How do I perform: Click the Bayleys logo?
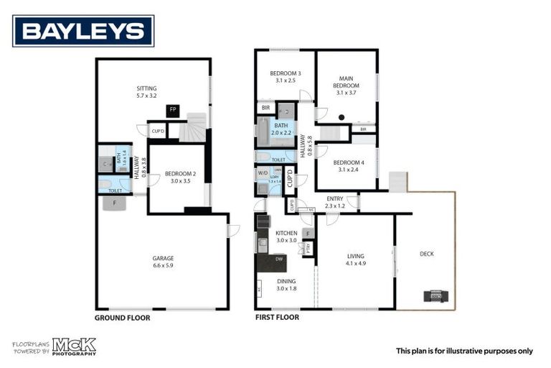pos(83,30)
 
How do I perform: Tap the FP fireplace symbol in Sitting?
pos(172,110)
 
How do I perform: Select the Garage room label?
pos(163,262)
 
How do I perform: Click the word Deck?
pos(426,254)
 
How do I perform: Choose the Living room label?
pos(355,258)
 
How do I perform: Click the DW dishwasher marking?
pos(278,259)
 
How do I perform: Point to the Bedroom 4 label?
pos(346,166)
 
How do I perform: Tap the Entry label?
pos(335,203)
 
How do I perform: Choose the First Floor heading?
pos(277,317)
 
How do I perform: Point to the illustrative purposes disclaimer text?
pos(464,351)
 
